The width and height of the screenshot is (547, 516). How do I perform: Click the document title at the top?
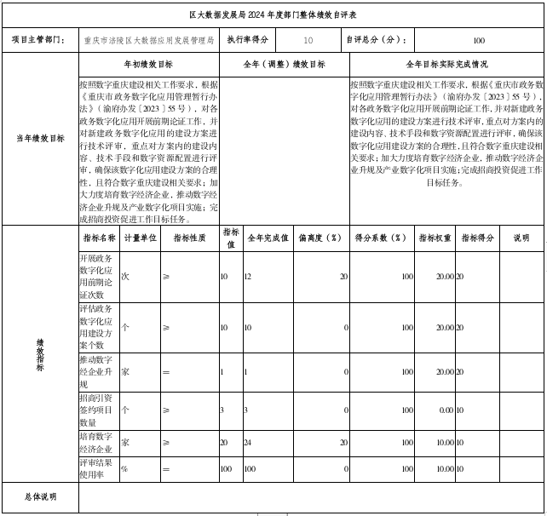tap(273, 15)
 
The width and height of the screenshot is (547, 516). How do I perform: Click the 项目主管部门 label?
tap(39, 40)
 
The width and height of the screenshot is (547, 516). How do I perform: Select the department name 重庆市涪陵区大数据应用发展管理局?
tap(149, 40)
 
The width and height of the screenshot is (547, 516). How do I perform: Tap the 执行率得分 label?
tap(247, 40)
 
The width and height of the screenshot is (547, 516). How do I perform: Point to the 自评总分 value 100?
tap(478, 40)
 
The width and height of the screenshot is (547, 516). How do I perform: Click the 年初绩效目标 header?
tap(148, 65)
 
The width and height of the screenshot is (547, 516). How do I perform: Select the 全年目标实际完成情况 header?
tap(446, 65)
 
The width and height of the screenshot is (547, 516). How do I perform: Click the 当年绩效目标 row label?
tap(39, 138)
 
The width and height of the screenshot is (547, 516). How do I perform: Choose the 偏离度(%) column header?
tap(320, 238)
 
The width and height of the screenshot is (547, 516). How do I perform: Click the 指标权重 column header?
tap(435, 238)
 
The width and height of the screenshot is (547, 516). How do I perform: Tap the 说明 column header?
tap(521, 238)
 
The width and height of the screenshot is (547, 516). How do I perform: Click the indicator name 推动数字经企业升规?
tap(96, 372)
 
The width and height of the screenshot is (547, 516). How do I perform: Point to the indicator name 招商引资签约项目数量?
tap(96, 410)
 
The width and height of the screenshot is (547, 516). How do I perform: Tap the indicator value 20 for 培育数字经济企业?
tap(224, 443)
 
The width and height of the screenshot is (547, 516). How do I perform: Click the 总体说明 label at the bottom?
tap(39, 497)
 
